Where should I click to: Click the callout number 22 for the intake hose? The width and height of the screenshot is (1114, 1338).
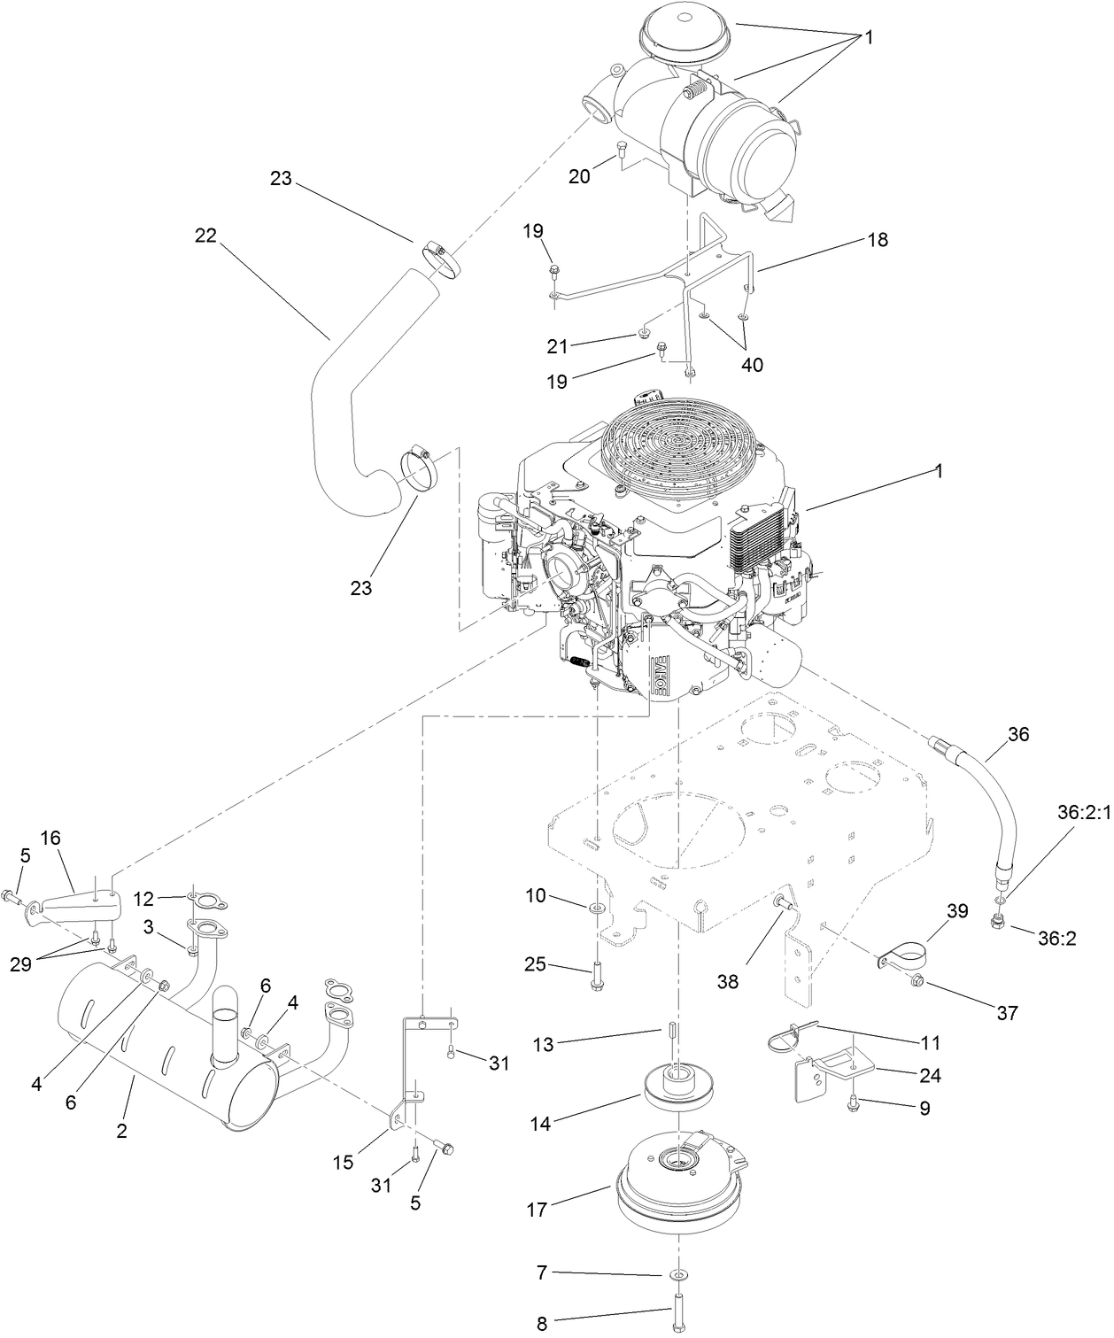(205, 236)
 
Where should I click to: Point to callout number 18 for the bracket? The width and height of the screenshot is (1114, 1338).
(878, 240)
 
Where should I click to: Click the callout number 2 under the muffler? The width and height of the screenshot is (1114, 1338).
(121, 1131)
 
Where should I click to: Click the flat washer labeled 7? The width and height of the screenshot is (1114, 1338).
(677, 1275)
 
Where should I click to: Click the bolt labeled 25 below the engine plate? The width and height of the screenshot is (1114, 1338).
(597, 969)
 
